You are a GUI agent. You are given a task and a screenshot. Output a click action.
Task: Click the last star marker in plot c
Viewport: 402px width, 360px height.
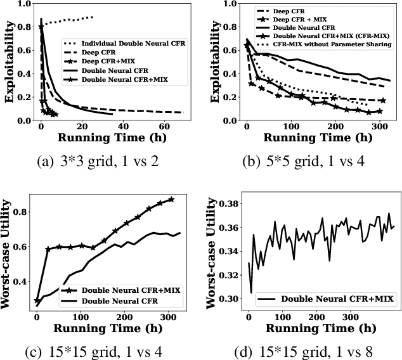[x=171, y=199]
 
